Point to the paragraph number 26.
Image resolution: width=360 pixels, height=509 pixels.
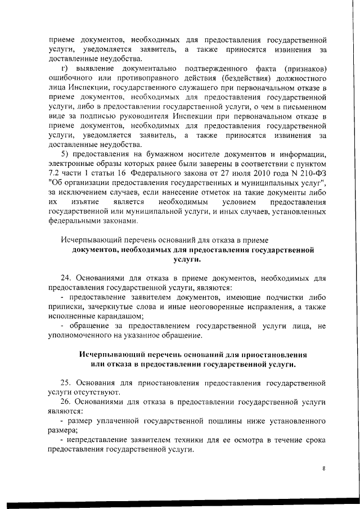[x=65, y=403]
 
